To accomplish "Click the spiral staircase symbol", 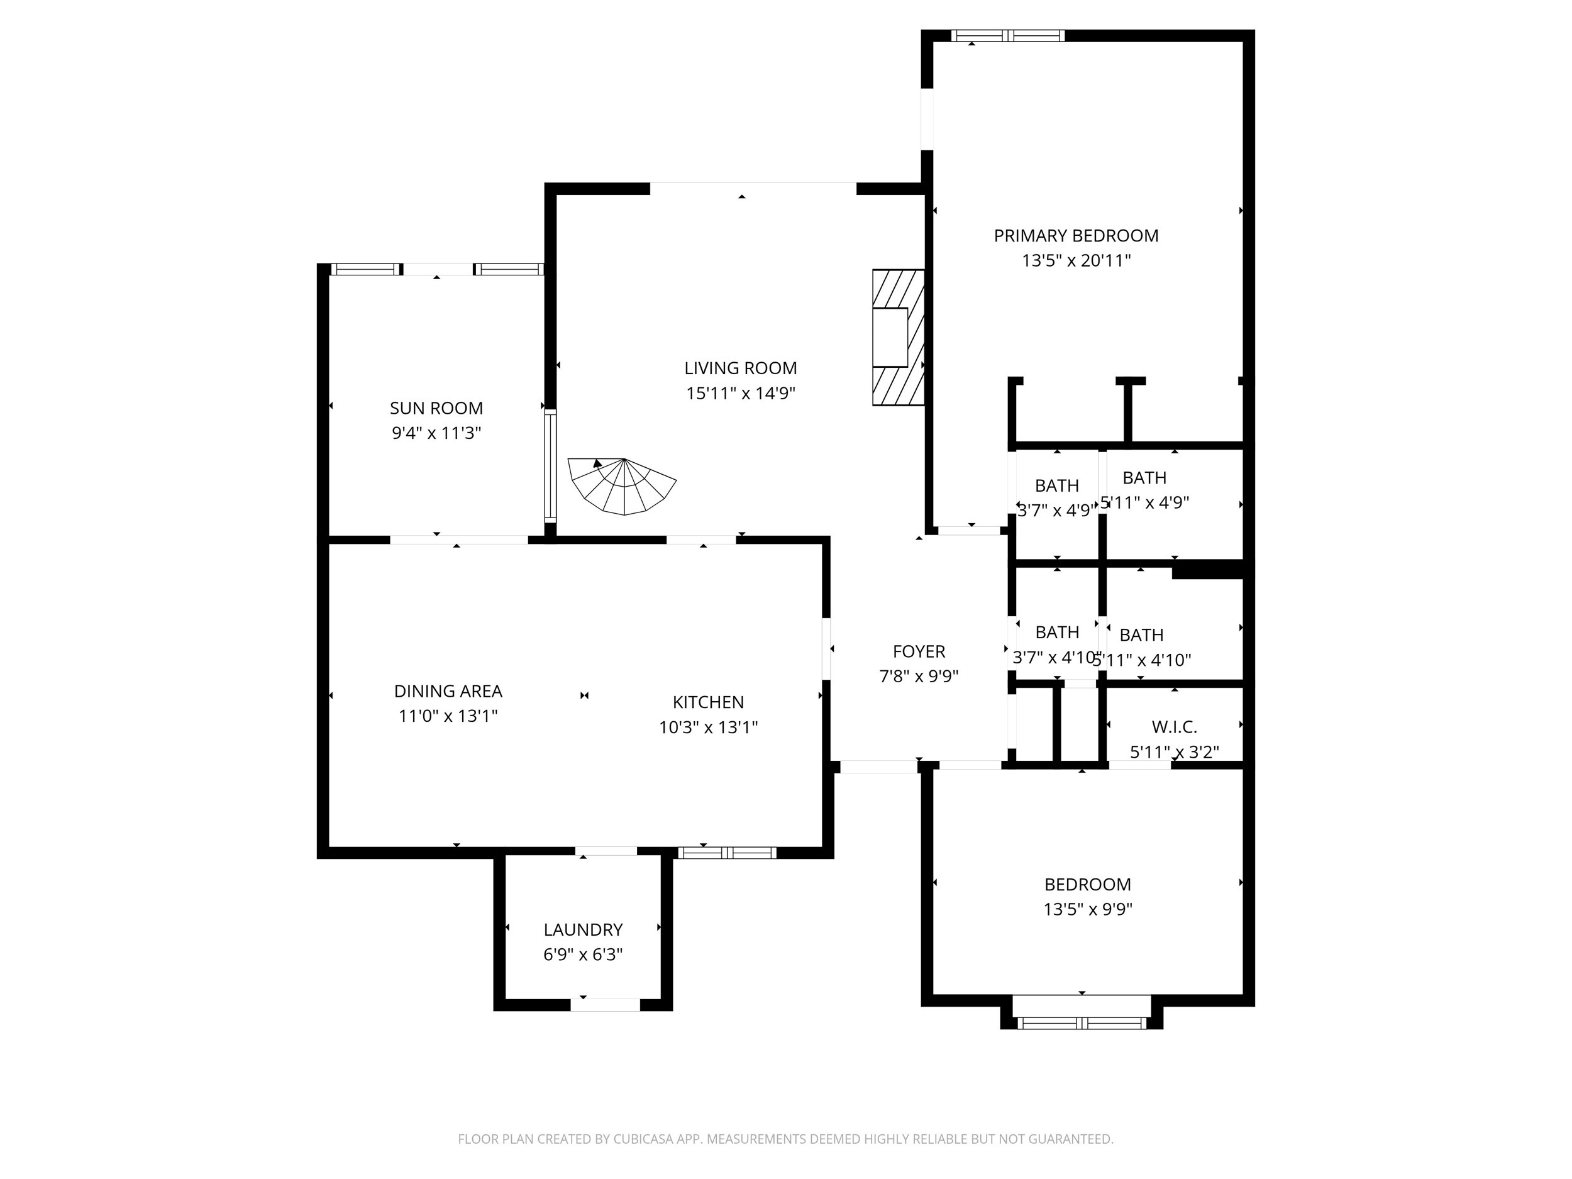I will [622, 486].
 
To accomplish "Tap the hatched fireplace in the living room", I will [899, 338].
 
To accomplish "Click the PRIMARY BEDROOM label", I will [1075, 236].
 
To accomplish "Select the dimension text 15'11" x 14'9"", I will [740, 393].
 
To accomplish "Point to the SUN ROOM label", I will [436, 408].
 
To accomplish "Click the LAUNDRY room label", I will [583, 929].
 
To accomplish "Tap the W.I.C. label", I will [1174, 727].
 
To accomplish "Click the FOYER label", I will [918, 651].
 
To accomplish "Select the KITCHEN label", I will [708, 702].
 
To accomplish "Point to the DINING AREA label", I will [448, 691].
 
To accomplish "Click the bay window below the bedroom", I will [1082, 1022].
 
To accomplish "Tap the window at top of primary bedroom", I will [1008, 36].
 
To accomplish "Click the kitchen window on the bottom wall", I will [726, 853].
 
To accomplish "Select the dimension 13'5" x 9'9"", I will [1087, 909].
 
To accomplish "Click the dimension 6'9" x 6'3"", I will [583, 955].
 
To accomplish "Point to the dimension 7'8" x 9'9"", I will [918, 677].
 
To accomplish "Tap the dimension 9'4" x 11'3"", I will [436, 433].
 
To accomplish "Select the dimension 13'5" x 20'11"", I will [1075, 261].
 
